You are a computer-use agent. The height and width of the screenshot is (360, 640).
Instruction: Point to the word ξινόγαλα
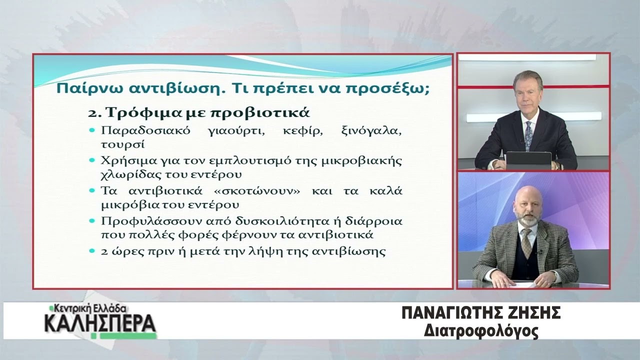(x=371, y=131)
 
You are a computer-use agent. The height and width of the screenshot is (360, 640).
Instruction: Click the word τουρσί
(x=123, y=144)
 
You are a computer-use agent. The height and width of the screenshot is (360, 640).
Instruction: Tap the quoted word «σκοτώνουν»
(x=257, y=191)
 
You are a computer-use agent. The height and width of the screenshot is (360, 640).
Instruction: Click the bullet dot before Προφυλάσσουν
(x=92, y=221)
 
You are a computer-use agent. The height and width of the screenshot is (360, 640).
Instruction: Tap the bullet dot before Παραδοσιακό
(x=92, y=130)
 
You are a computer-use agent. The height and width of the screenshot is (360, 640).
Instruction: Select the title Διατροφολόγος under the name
(x=481, y=332)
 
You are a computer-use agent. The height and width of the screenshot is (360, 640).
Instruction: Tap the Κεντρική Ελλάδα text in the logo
(x=88, y=309)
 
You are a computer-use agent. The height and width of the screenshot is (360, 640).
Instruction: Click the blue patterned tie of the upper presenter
(x=528, y=135)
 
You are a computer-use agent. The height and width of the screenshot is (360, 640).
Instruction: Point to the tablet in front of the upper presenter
(x=528, y=160)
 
